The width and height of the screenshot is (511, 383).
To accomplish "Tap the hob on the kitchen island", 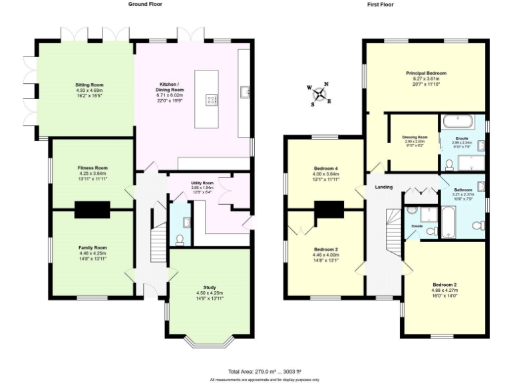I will (213, 100).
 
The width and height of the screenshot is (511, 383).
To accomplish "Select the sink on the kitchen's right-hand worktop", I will (244, 90).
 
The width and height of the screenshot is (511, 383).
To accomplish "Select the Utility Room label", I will (203, 183).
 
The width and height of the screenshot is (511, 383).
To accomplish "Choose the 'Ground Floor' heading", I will (144, 4).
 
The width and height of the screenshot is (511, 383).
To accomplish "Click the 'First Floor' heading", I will (381, 4).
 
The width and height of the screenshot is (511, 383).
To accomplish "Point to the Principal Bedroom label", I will (426, 73).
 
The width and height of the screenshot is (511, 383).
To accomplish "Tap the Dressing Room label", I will (415, 137).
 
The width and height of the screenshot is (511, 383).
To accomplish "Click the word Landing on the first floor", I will (383, 188).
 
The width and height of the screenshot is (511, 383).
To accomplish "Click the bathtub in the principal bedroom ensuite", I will (458, 121).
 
